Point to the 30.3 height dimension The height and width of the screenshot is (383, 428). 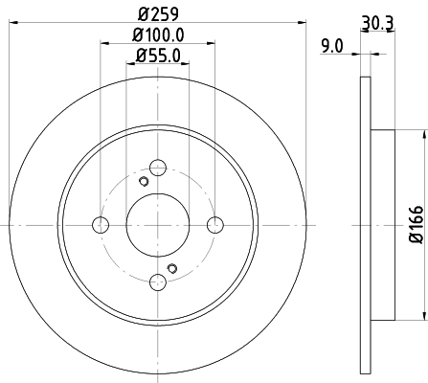[x=376, y=20]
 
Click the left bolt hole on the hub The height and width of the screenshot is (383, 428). [x=101, y=225]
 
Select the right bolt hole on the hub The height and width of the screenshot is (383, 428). [x=215, y=225]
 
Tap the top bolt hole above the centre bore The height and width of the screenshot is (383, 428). [x=158, y=168]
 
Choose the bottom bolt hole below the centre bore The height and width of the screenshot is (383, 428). [x=158, y=282]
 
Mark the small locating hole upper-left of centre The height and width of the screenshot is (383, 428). [x=144, y=183]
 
